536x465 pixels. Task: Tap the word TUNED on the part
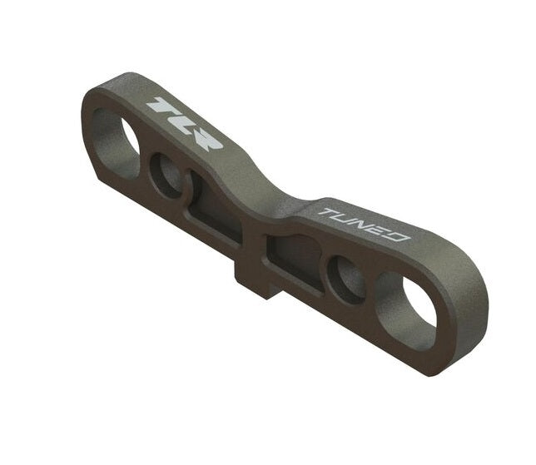click(x=365, y=224)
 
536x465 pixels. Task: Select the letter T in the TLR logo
click(x=157, y=106)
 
